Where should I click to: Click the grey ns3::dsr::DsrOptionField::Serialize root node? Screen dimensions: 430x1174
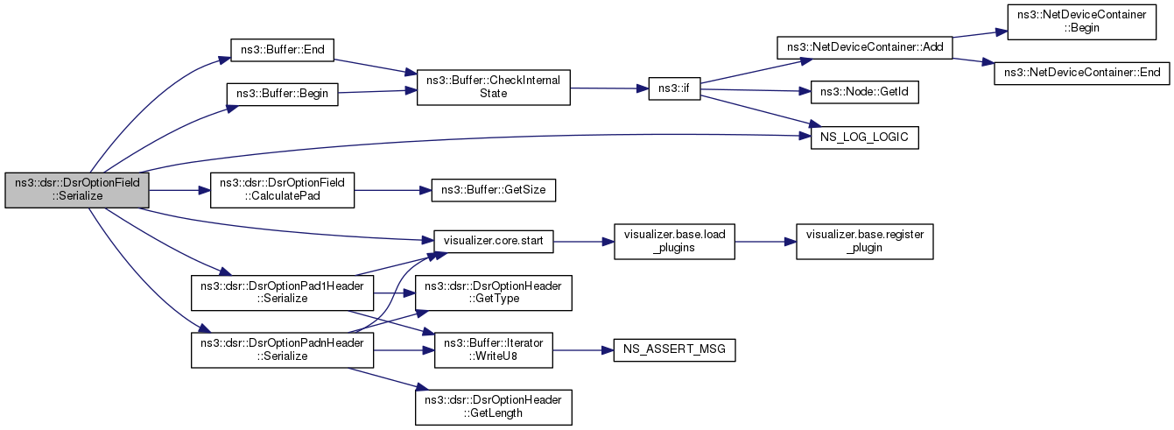click(77, 189)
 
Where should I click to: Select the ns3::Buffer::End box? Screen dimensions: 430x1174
click(282, 49)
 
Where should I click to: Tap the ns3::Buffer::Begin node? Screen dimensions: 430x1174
click(283, 95)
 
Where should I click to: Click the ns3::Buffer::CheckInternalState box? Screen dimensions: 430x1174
click(494, 87)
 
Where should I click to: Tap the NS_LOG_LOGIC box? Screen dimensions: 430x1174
click(864, 137)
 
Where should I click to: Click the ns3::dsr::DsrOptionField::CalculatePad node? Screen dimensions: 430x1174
click(282, 189)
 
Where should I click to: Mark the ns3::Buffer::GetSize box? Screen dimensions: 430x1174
click(488, 189)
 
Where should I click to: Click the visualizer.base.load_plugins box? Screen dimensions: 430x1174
click(674, 241)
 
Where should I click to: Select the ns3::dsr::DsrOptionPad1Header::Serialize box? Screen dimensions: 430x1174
click(282, 293)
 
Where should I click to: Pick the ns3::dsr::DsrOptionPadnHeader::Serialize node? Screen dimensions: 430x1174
click(282, 349)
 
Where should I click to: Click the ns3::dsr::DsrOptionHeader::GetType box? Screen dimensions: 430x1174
click(494, 293)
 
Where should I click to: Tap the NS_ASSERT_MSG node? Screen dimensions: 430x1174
click(674, 349)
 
